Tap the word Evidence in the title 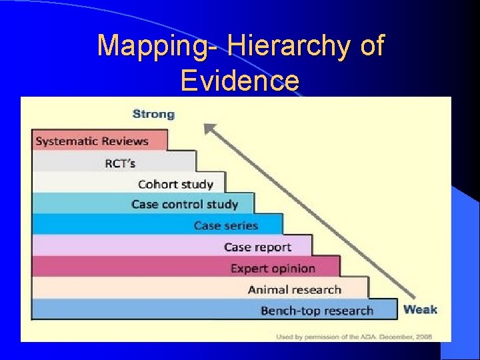pyautogui.click(x=240, y=81)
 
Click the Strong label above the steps pyautogui.click(x=153, y=114)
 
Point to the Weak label pyautogui.click(x=421, y=309)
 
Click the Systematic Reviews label pyautogui.click(x=92, y=141)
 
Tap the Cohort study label pyautogui.click(x=175, y=184)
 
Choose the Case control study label pyautogui.click(x=185, y=204)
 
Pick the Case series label pyautogui.click(x=226, y=225)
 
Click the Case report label pyautogui.click(x=257, y=247)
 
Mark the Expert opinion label pyautogui.click(x=273, y=268)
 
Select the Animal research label pyautogui.click(x=294, y=289)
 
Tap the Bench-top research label pyautogui.click(x=317, y=311)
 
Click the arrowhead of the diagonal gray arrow pyautogui.click(x=211, y=129)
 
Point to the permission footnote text pyautogui.click(x=354, y=337)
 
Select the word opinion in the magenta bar pyautogui.click(x=291, y=268)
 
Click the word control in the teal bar pyautogui.click(x=185, y=204)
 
